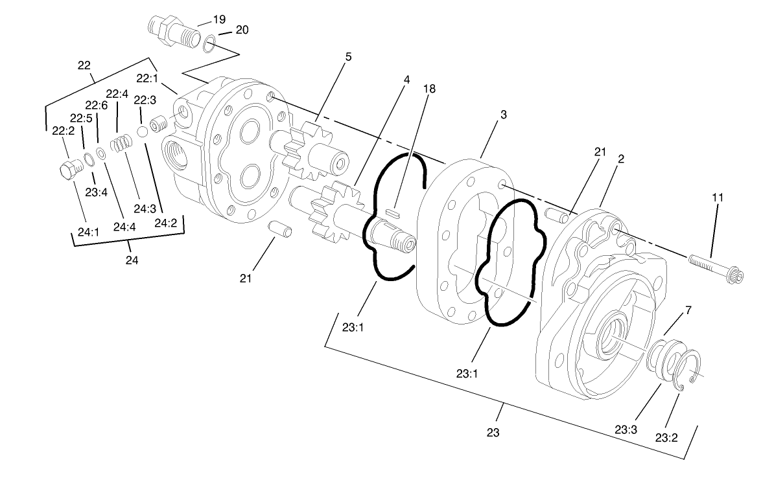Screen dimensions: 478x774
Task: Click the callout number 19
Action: (x=220, y=18)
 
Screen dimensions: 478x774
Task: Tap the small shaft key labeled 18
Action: (x=393, y=210)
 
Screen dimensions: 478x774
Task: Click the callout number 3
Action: (x=503, y=114)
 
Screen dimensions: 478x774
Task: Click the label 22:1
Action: (x=147, y=78)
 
